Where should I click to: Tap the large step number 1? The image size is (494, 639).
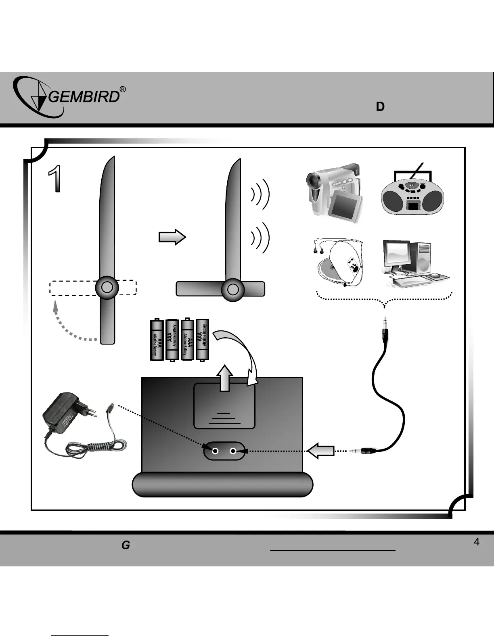[x=55, y=179]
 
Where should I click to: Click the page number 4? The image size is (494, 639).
[x=476, y=542]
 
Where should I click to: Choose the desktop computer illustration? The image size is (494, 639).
[x=414, y=263]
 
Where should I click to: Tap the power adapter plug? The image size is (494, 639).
[x=65, y=414]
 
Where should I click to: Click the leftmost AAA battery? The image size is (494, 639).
[x=157, y=340]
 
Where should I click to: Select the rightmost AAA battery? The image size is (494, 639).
[x=202, y=339]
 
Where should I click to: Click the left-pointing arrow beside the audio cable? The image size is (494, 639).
[x=320, y=451]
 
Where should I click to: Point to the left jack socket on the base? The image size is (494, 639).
[x=216, y=451]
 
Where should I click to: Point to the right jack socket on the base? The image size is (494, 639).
[x=233, y=451]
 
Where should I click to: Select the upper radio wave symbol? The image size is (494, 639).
[x=260, y=194]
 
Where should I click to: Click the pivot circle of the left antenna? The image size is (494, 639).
[x=107, y=287]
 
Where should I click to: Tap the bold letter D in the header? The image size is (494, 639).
[x=380, y=107]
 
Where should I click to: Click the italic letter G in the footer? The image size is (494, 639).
[x=126, y=545]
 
